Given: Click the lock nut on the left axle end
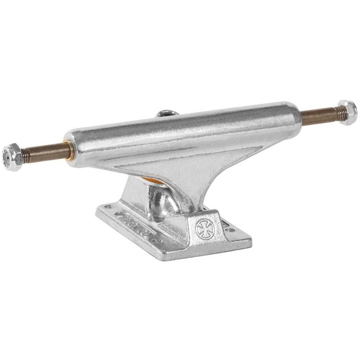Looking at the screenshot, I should point(12,157).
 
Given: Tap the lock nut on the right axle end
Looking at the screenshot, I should point(347,112).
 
